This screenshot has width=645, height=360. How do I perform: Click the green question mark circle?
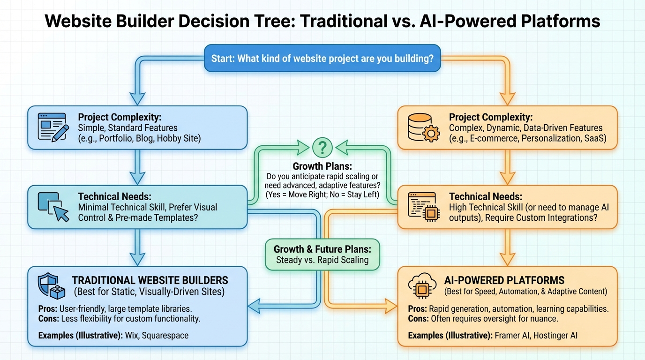click(322, 148)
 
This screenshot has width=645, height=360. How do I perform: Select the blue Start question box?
click(322, 58)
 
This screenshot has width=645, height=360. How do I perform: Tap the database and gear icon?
click(423, 127)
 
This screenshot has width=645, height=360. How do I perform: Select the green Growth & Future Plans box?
click(322, 255)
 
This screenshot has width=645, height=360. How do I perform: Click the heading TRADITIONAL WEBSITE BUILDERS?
click(150, 280)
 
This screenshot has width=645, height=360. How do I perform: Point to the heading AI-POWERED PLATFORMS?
click(504, 280)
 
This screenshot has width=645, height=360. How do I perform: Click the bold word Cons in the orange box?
click(418, 318)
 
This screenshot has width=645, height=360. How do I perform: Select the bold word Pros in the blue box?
click(48, 309)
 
